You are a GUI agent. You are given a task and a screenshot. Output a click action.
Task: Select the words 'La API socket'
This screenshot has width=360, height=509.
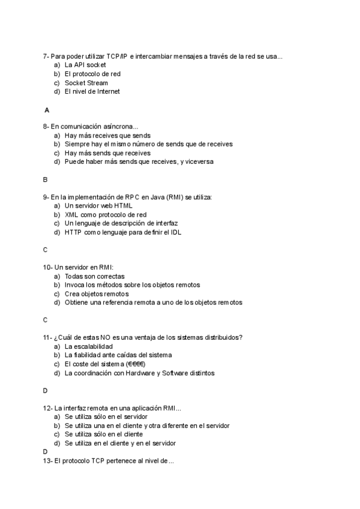tap(85, 65)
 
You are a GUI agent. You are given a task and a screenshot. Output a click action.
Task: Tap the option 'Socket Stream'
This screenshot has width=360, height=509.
tap(86, 83)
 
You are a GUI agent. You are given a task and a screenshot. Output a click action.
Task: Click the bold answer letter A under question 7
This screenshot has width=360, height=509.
tap(46, 110)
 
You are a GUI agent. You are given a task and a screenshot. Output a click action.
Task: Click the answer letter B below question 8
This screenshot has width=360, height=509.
tap(45, 179)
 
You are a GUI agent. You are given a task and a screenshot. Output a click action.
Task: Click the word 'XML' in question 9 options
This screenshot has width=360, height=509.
tap(71, 214)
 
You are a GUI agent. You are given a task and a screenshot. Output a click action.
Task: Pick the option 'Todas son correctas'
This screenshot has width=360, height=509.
tap(95, 276)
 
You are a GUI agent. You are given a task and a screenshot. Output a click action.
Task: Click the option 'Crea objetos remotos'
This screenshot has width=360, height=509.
tap(97, 294)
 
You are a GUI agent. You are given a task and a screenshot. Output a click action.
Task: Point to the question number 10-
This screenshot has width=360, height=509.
tap(47, 267)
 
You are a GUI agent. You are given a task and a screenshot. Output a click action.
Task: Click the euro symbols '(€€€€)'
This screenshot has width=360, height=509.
tap(136, 364)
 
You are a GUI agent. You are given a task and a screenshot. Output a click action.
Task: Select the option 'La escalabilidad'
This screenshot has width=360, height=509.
tap(88, 346)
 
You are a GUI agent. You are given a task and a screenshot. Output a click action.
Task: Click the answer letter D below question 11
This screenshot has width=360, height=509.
tap(45, 391)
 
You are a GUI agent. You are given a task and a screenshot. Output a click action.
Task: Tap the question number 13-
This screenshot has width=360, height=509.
tap(47, 462)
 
